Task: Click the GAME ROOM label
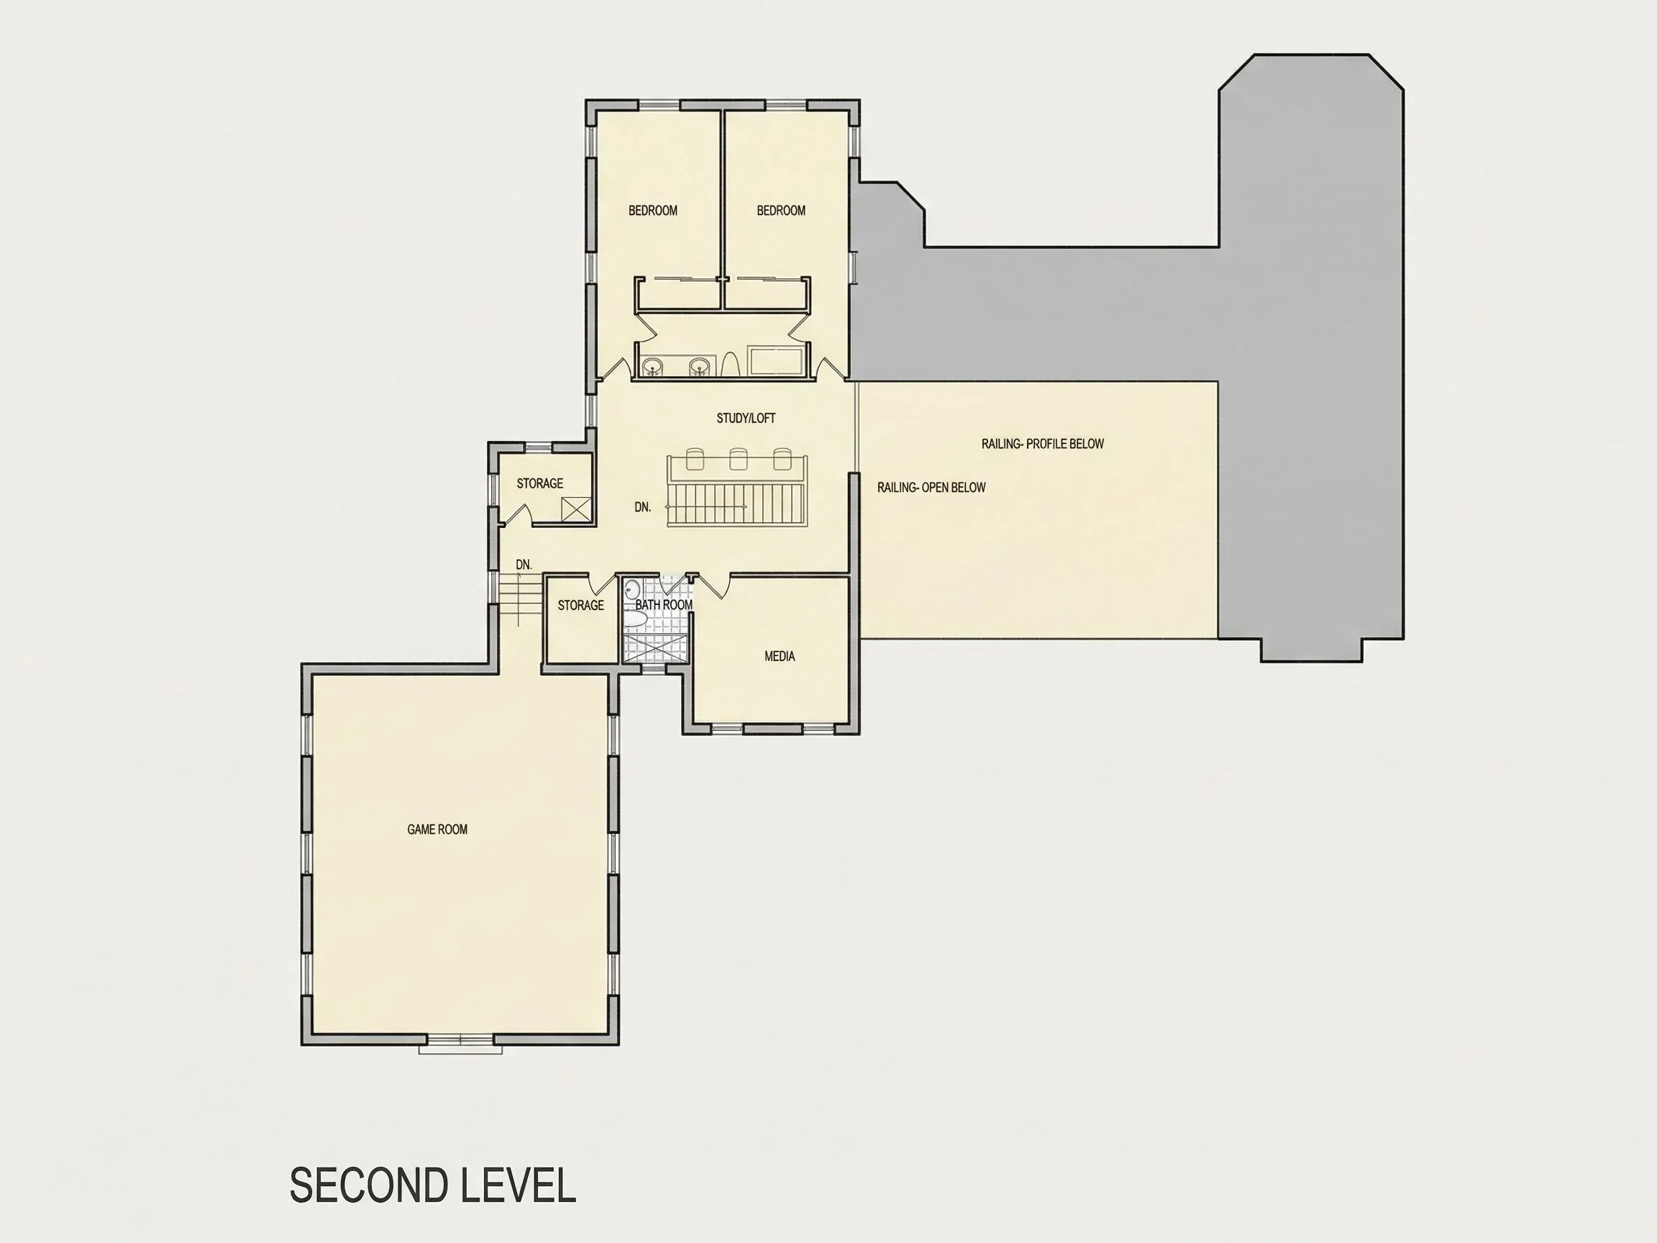(437, 829)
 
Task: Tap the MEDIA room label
(780, 656)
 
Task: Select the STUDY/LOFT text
(746, 418)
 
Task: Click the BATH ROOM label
(664, 605)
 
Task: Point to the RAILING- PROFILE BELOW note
(1043, 444)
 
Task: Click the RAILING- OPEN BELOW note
(932, 487)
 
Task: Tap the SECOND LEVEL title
(433, 1185)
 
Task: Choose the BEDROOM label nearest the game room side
(653, 211)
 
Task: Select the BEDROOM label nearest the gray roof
(781, 211)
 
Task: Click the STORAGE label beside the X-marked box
(540, 483)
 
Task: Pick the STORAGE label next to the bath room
(580, 606)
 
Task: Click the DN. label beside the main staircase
(643, 507)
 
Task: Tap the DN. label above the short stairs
(524, 564)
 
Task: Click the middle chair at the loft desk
(739, 458)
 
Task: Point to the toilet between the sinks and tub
(731, 364)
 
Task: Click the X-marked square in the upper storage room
(576, 509)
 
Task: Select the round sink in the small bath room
(633, 588)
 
